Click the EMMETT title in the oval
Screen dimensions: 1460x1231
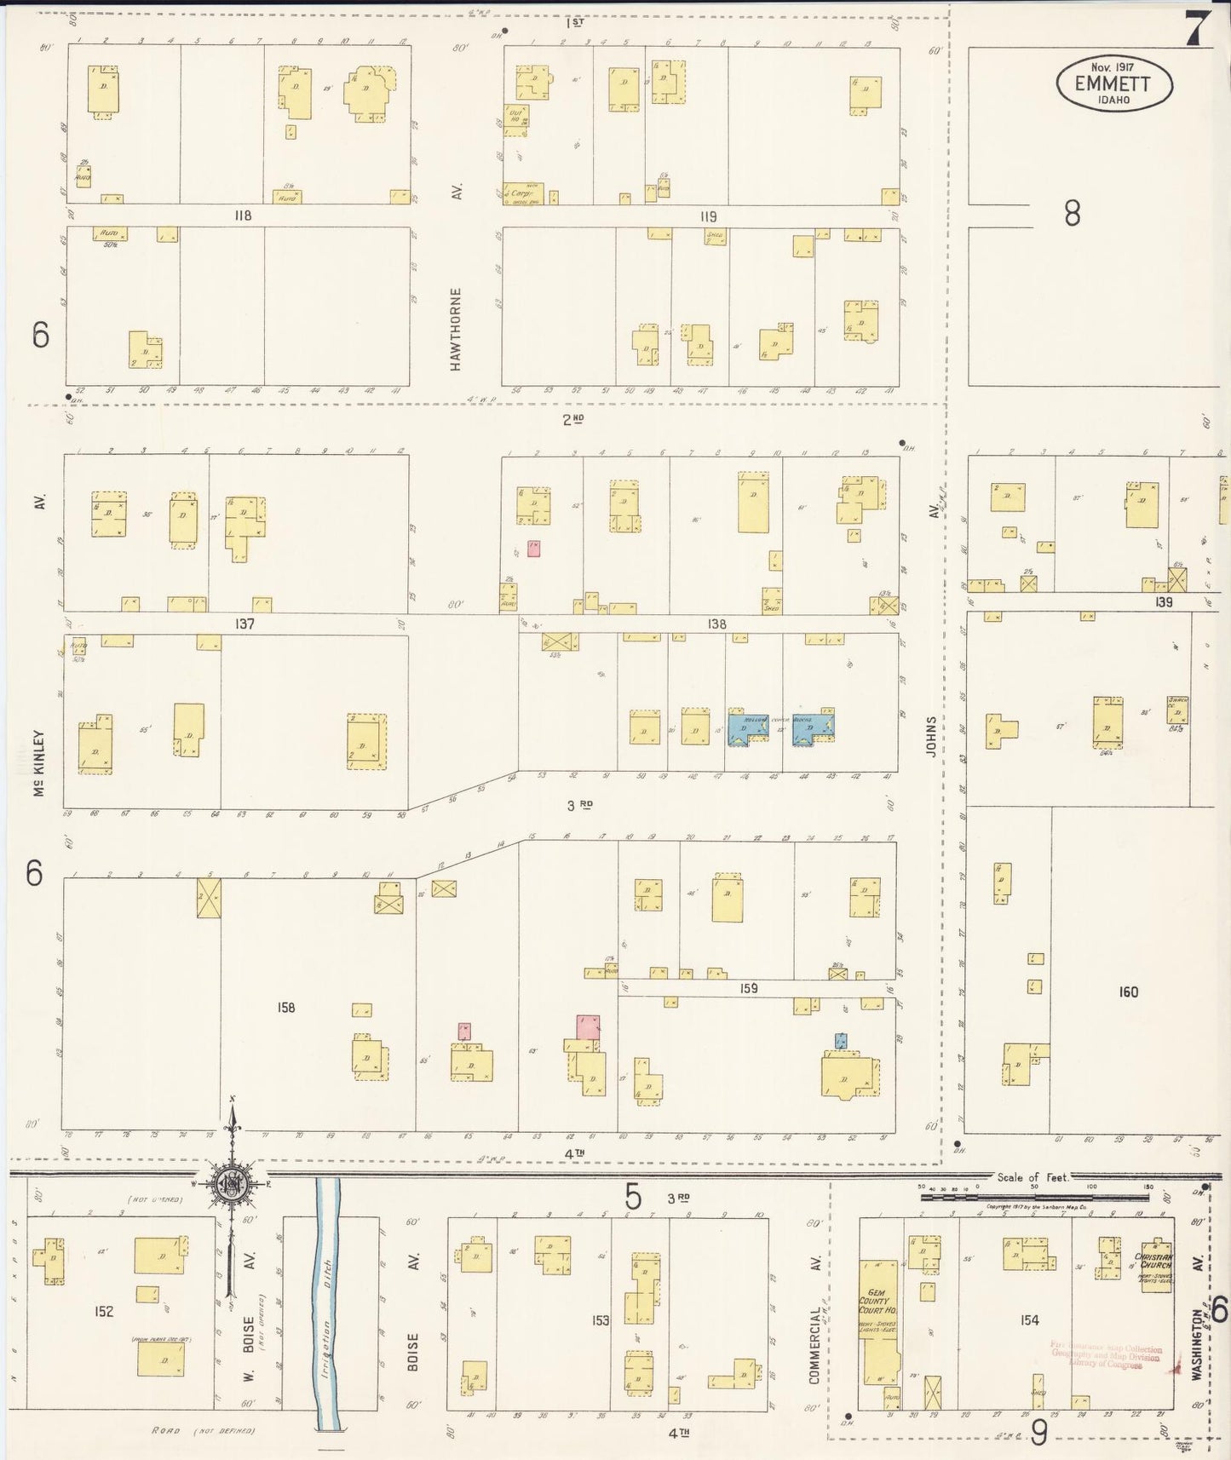pyautogui.click(x=1113, y=83)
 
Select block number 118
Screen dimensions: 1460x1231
pyautogui.click(x=243, y=216)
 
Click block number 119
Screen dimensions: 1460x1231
pyautogui.click(x=708, y=216)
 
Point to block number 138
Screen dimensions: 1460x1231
pyautogui.click(x=716, y=624)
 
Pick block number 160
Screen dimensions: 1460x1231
pyautogui.click(x=1128, y=992)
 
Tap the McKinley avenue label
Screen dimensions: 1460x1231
pyautogui.click(x=38, y=762)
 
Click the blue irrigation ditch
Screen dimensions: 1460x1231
pyautogui.click(x=328, y=1303)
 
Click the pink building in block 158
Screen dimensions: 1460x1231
pyautogui.click(x=588, y=1026)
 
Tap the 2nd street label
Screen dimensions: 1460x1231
pyautogui.click(x=573, y=419)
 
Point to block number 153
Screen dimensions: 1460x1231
pyautogui.click(x=601, y=1319)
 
